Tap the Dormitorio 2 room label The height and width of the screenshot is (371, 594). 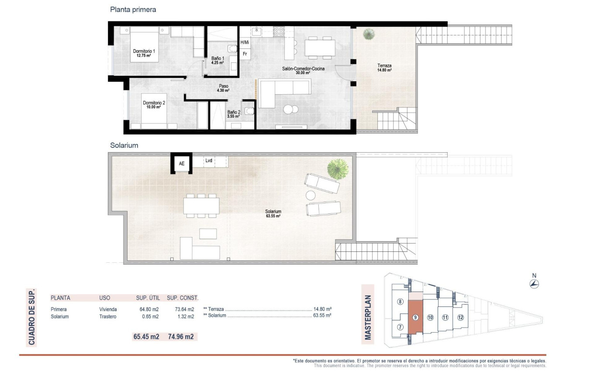click(154, 105)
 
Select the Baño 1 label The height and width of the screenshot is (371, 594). click(218, 60)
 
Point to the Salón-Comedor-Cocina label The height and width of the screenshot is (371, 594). click(303, 70)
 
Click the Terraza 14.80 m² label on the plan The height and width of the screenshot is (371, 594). click(384, 68)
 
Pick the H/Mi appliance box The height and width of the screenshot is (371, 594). click(245, 43)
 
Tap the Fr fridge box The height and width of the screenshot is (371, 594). click(245, 54)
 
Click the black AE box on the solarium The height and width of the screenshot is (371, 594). click(181, 164)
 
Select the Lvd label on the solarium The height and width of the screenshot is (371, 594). click(209, 161)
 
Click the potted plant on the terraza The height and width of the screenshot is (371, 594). click(369, 34)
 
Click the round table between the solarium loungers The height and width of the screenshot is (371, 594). click(311, 195)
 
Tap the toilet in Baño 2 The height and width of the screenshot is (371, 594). click(249, 111)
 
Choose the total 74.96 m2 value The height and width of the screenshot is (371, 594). click(180, 337)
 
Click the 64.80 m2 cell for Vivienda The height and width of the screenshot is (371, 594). click(146, 309)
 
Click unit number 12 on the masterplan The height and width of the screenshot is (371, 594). click(460, 317)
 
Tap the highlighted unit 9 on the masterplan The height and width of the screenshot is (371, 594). click(415, 317)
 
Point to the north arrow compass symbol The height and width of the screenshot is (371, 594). click(534, 284)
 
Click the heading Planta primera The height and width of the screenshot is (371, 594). click(133, 9)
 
